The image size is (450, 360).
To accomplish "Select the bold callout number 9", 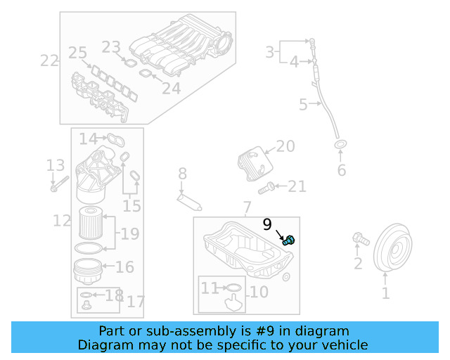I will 267,225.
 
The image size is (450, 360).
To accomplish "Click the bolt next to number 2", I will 360,240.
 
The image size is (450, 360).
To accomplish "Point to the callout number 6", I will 342,171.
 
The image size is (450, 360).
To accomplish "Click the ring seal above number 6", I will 340,146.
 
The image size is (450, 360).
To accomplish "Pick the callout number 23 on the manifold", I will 111,47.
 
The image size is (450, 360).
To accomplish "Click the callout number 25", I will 77,53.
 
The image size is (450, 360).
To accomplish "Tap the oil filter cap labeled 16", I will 89,268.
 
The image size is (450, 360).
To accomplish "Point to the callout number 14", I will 88,139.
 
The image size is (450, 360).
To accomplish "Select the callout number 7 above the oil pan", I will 246,208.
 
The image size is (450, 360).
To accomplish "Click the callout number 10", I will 259,291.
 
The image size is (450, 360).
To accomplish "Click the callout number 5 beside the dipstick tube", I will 303,105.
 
